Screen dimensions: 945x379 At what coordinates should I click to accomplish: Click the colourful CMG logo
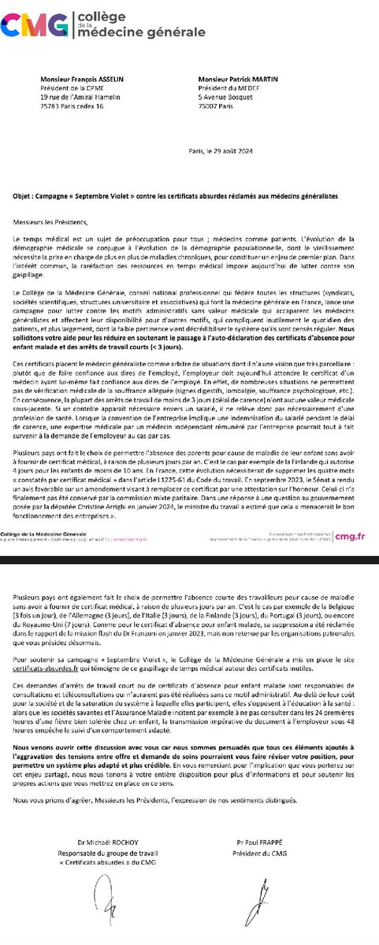(x=35, y=26)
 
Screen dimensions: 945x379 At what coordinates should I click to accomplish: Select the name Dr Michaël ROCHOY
(x=100, y=841)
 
